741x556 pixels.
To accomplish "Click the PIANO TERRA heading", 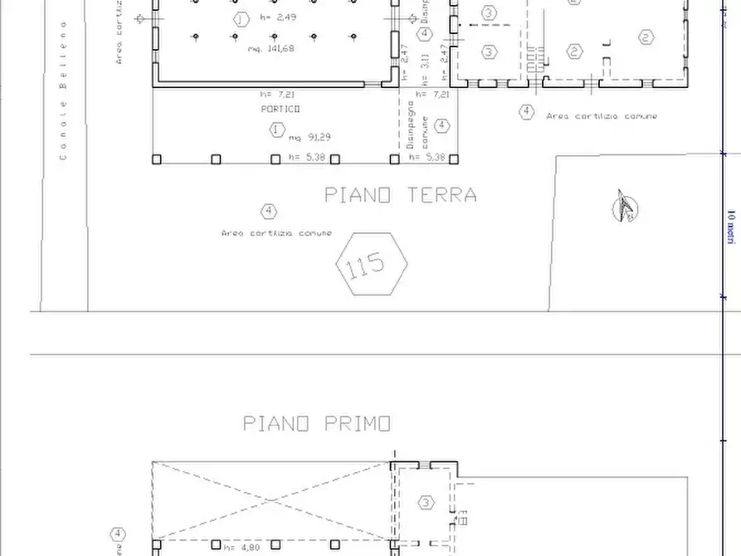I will coord(400,195).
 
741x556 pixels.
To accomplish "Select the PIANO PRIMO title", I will coord(317,423).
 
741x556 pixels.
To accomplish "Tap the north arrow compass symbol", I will coord(624,207).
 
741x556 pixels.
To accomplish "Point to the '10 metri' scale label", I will coord(731,226).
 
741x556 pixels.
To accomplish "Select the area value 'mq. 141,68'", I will coord(271,49).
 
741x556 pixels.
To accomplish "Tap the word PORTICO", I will coord(280,109).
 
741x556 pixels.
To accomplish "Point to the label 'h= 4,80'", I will coord(241,547).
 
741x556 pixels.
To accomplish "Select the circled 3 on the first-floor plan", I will coord(426,503).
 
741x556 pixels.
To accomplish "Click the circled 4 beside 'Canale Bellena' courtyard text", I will coord(267,212).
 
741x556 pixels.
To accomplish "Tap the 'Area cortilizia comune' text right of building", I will coord(602,116).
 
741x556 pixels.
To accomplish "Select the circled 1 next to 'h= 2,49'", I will coord(241,18).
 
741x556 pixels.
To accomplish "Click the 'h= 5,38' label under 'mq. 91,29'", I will coord(307,157).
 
